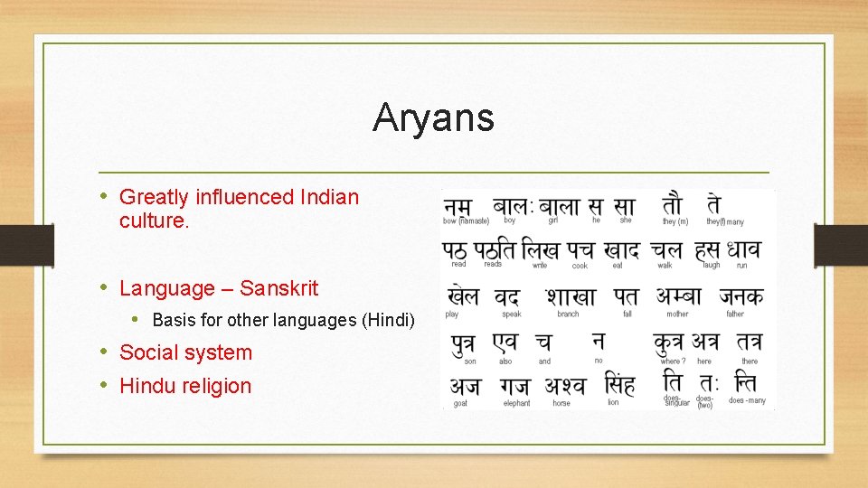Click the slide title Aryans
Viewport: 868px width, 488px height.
433,117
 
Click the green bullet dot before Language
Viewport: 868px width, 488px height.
106,288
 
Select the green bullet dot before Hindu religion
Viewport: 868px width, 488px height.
106,386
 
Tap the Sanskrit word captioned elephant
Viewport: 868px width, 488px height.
515,386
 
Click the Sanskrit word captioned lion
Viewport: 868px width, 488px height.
619,385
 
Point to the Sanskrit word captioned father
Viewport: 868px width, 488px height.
741,296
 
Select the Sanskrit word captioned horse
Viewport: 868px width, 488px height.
565,386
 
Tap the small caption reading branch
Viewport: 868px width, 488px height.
568,314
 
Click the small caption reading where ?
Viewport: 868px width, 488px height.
671,361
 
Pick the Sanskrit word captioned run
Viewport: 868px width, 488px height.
742,249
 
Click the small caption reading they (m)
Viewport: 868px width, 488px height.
675,221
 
